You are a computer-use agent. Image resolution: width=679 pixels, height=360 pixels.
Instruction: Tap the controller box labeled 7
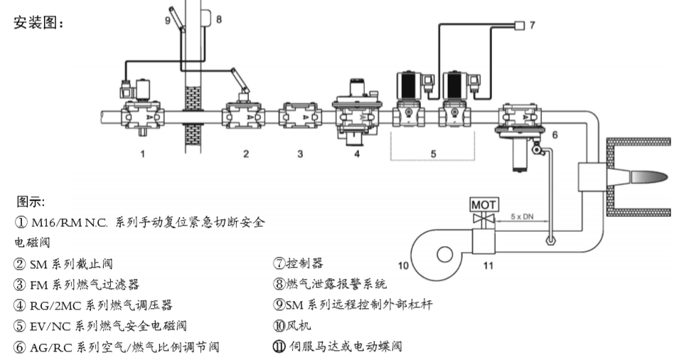pyautogui.click(x=519, y=26)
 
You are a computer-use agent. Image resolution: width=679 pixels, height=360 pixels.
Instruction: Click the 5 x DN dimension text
pyautogui.click(x=523, y=216)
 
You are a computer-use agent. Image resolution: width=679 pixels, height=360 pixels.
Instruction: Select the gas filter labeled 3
pyautogui.click(x=300, y=115)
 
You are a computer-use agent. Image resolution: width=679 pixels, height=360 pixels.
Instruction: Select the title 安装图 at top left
pyautogui.click(x=39, y=23)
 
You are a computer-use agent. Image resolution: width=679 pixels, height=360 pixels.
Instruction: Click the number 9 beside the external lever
pyautogui.click(x=168, y=21)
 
